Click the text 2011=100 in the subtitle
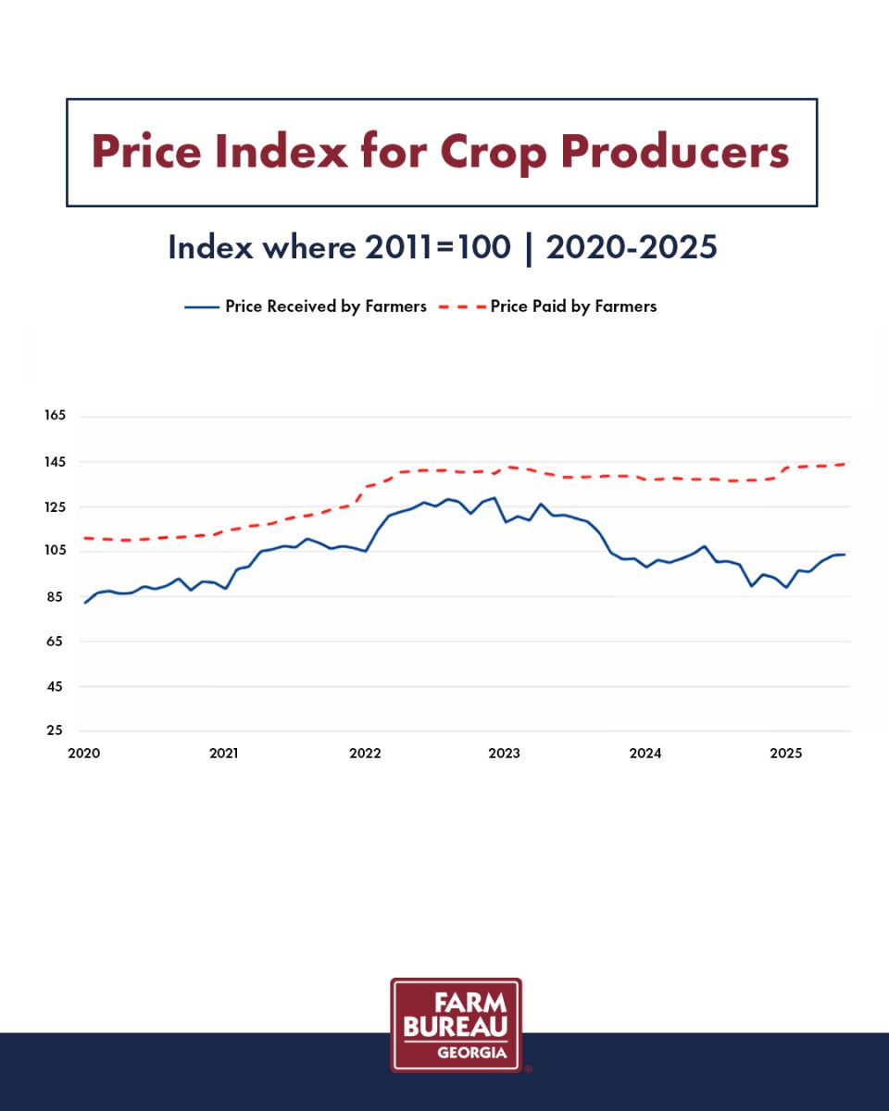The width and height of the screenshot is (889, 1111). (438, 248)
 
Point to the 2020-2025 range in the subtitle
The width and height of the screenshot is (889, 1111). (632, 248)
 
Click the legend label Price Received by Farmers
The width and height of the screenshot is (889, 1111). (326, 306)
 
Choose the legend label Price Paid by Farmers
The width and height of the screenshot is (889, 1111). (573, 306)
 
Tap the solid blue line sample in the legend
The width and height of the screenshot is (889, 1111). (201, 307)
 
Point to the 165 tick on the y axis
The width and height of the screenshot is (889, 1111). (55, 416)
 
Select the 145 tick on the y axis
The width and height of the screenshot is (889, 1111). (55, 461)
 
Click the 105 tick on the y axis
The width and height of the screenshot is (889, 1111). (55, 551)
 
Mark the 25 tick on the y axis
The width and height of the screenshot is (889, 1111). (55, 730)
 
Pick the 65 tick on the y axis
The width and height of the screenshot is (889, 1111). (55, 641)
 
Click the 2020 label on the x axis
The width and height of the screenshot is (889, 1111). (83, 754)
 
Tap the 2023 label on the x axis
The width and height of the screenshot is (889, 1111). (505, 754)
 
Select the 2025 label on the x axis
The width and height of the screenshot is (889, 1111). (786, 754)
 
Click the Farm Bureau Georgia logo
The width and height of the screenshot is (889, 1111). (456, 1025)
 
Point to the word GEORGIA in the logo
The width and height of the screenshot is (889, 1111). (471, 1053)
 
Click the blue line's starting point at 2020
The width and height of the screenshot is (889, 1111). (85, 603)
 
